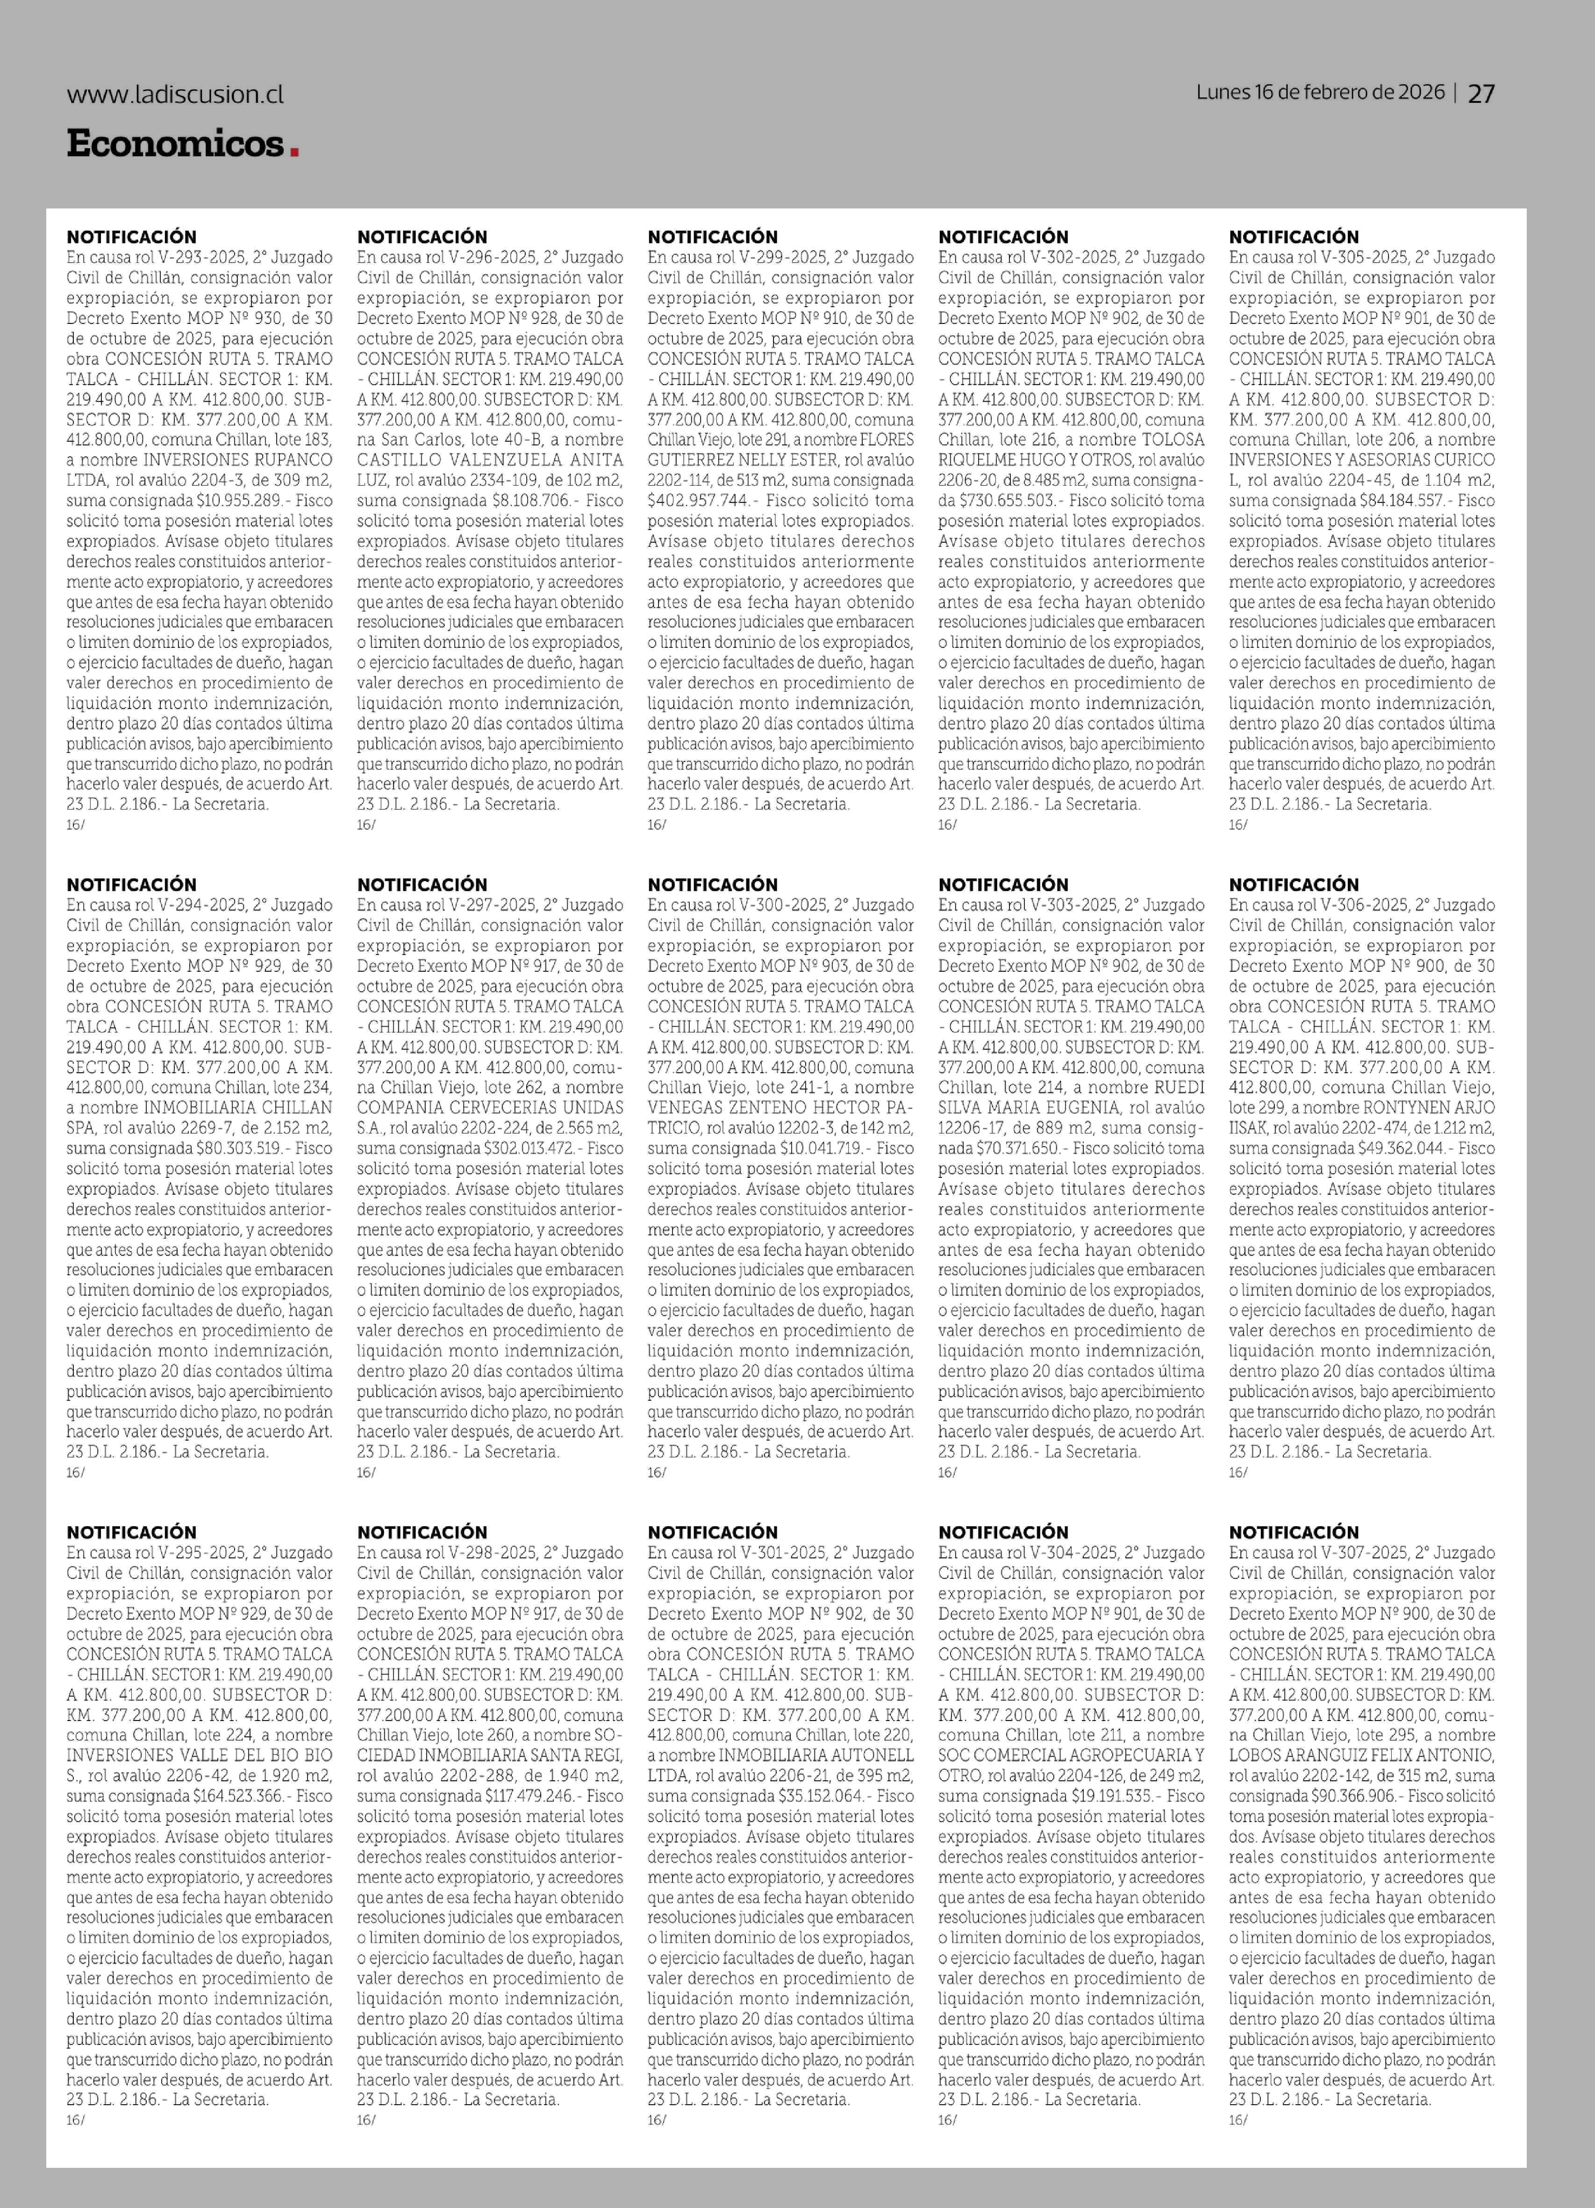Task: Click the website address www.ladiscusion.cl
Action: (x=175, y=94)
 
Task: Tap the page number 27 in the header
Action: (x=1481, y=93)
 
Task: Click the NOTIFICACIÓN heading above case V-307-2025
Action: (x=1293, y=1531)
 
